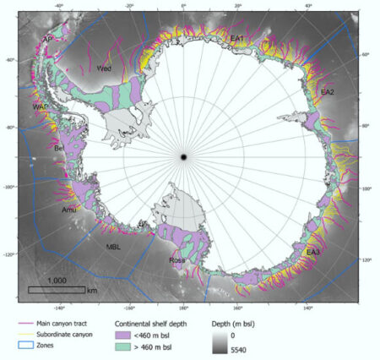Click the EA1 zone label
(237, 39)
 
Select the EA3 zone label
(313, 252)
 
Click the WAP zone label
(40, 107)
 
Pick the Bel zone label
(59, 148)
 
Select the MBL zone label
(114, 247)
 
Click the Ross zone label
(177, 261)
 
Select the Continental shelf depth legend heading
(156, 323)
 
